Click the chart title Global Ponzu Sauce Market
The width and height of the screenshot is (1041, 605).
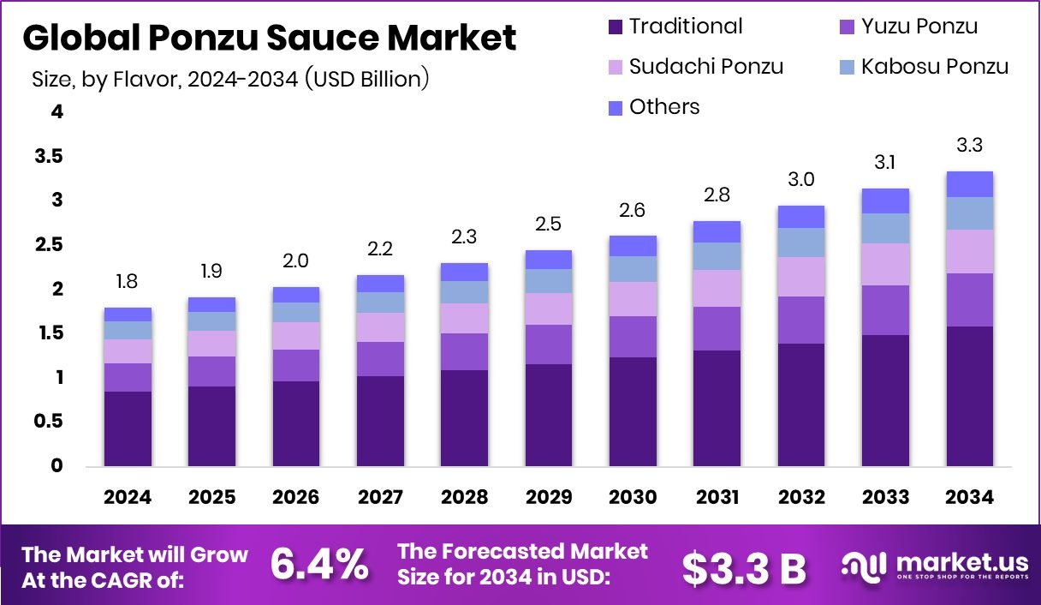click(270, 39)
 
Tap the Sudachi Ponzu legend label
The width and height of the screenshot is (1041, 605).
click(705, 66)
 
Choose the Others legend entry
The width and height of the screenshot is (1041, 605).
click(663, 107)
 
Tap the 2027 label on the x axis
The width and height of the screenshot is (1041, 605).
click(380, 498)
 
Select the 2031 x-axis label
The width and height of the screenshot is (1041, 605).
click(717, 498)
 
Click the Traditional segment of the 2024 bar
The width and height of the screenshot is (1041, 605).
click(128, 428)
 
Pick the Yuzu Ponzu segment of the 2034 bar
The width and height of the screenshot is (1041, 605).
click(969, 300)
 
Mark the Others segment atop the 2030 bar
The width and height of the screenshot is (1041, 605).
click(633, 246)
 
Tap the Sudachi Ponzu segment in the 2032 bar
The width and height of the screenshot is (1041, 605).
click(801, 277)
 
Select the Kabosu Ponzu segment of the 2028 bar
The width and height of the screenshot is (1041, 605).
click(464, 292)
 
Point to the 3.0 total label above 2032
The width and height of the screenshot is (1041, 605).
click(801, 180)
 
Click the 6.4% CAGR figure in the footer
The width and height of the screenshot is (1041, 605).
click(319, 565)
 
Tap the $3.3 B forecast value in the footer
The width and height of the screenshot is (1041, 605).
click(744, 566)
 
